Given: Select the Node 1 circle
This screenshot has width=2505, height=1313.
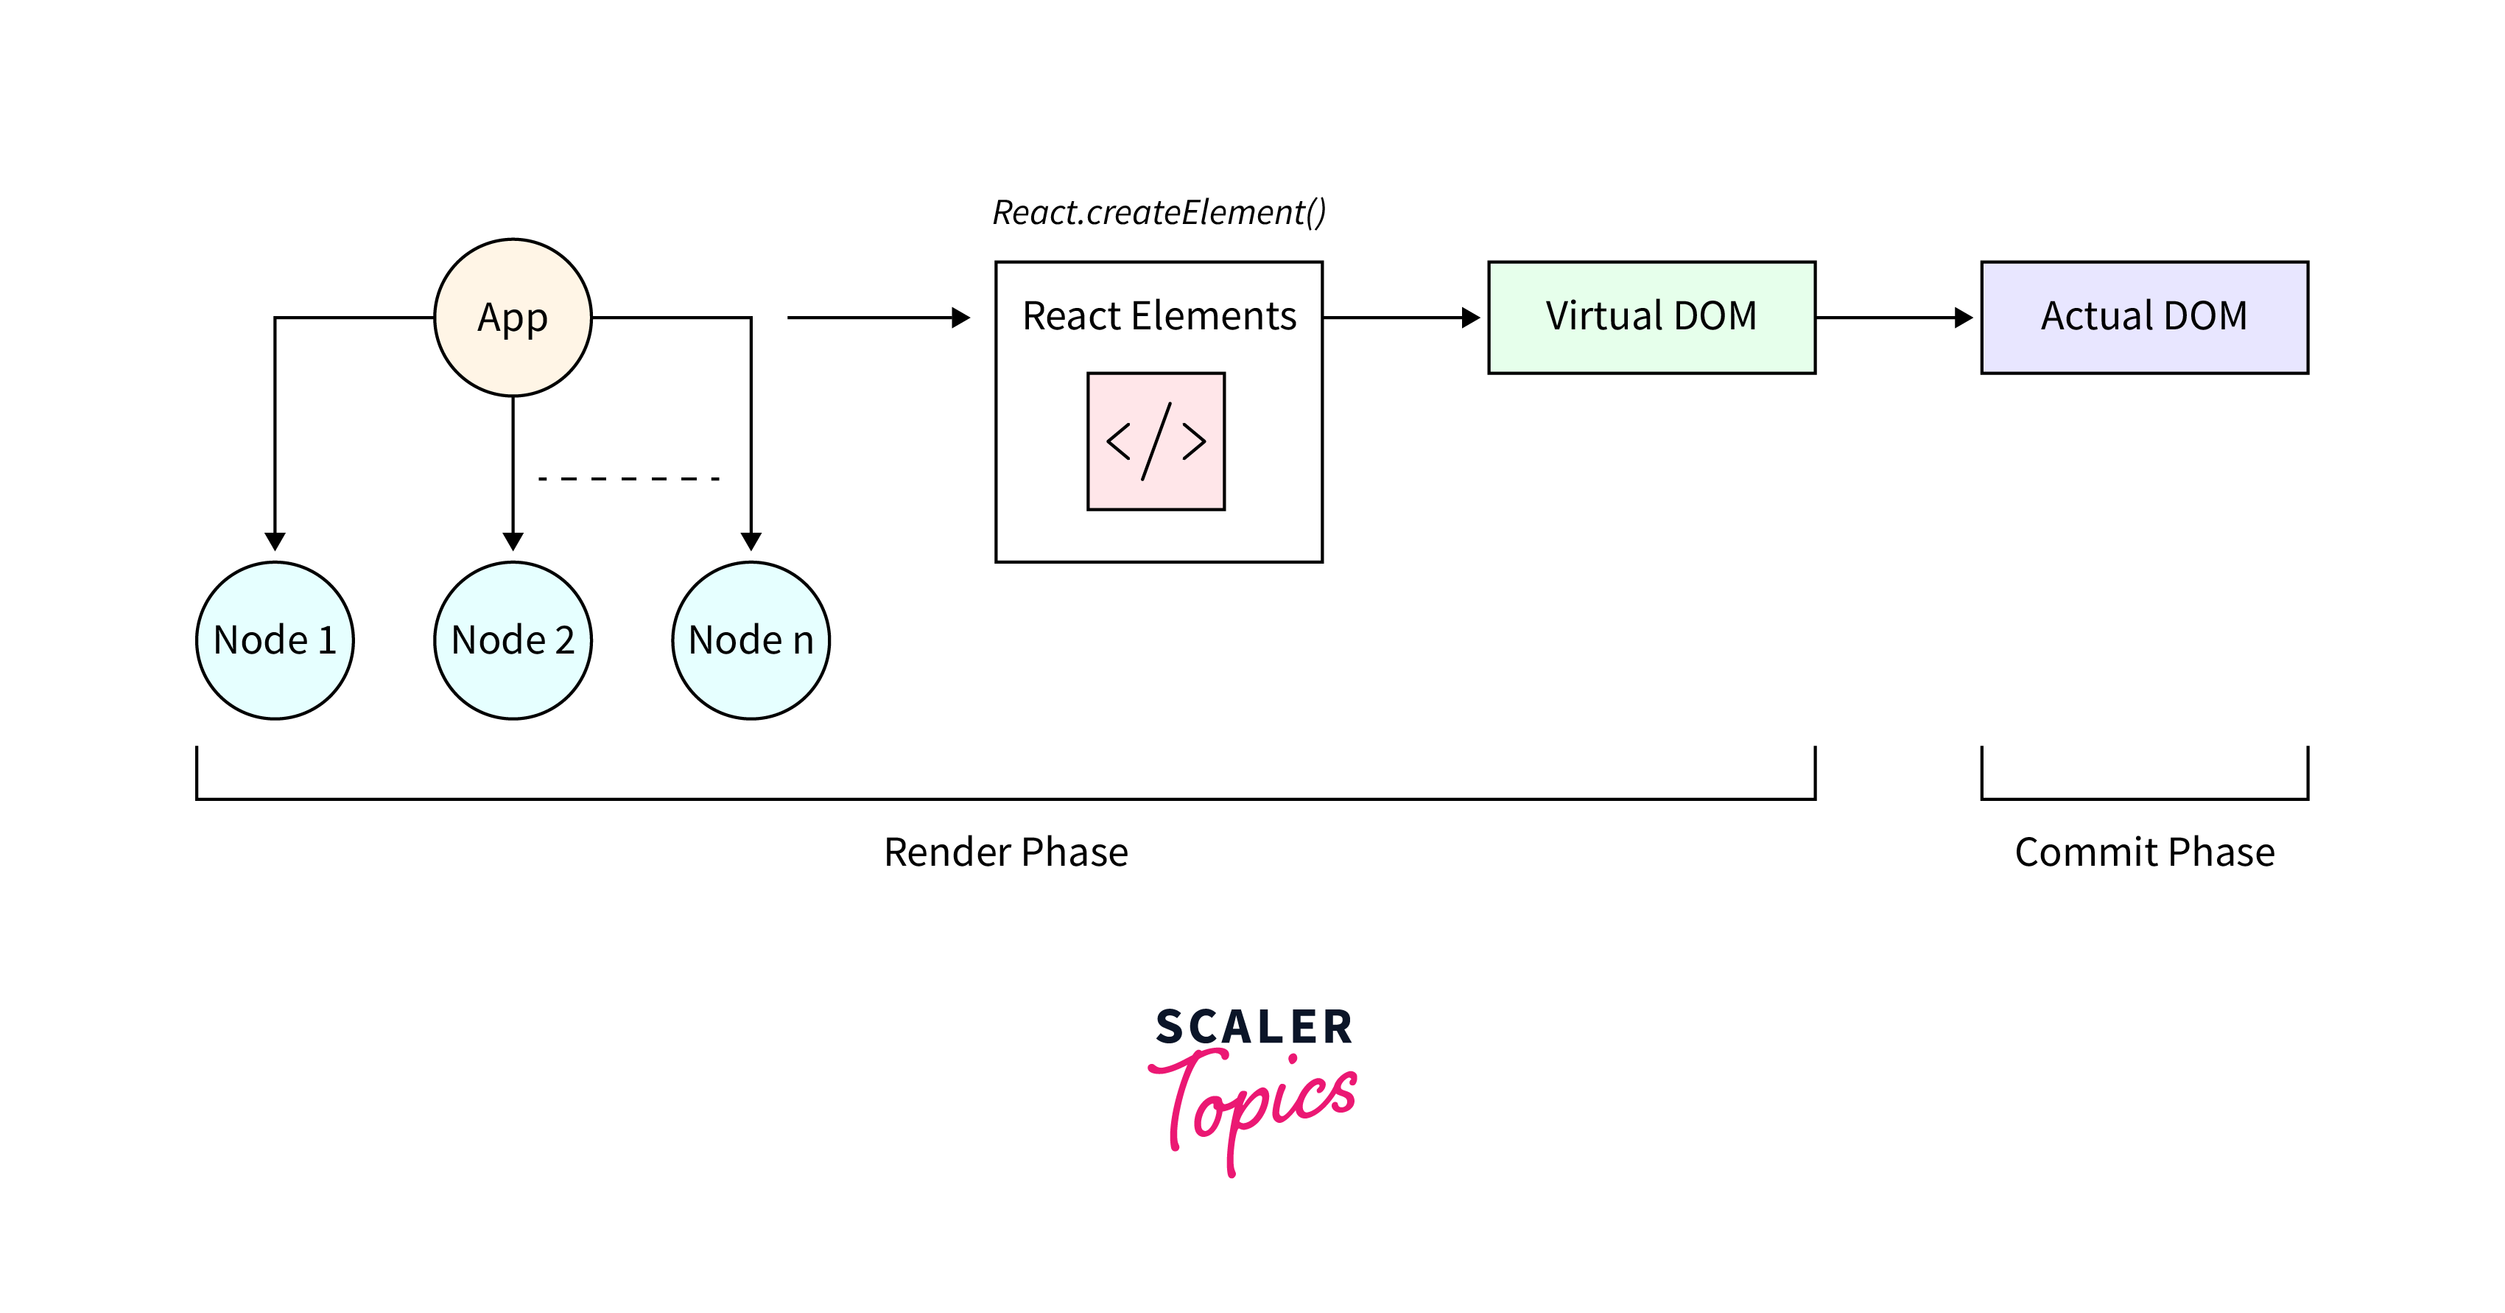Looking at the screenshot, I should tap(275, 641).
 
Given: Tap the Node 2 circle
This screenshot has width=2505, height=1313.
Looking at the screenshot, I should tap(513, 641).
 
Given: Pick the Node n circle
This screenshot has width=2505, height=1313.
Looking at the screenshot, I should tap(751, 641).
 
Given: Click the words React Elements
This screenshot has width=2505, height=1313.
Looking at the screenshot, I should tap(1158, 316).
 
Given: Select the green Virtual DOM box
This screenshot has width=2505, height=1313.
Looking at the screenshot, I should tap(1651, 317).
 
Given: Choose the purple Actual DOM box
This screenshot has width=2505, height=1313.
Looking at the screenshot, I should tap(2144, 317).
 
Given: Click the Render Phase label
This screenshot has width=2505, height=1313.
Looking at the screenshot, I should tap(1005, 852).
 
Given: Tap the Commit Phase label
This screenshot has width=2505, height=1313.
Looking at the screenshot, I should tap(2144, 852).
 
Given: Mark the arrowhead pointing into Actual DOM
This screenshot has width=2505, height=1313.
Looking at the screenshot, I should tap(1964, 317).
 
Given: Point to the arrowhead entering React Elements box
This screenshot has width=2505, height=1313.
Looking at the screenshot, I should tap(960, 317).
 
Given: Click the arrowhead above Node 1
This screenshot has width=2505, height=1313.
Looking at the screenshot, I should tap(275, 541).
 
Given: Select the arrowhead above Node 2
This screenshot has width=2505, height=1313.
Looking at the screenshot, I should tap(513, 541).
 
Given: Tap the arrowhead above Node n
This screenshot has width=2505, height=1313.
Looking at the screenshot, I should tap(751, 541).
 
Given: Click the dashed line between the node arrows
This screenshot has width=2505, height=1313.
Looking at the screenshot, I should tap(629, 478).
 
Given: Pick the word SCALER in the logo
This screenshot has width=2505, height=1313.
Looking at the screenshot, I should tap(1254, 1027).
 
